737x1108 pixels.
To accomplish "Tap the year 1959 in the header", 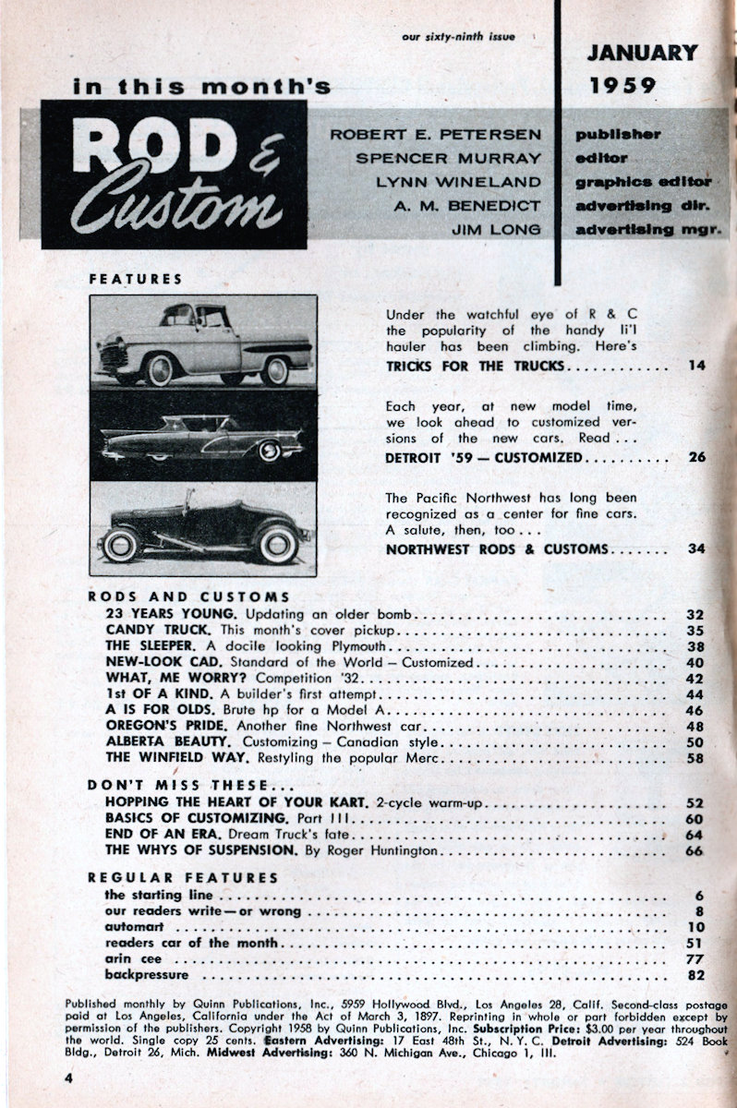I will point(623,86).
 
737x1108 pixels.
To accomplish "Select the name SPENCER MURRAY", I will point(449,158).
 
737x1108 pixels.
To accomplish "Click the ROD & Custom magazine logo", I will point(175,174).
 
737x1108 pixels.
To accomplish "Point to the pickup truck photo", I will point(203,342).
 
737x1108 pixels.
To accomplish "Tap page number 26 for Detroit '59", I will point(696,457).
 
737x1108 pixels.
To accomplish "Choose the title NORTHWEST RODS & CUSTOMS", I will point(496,549).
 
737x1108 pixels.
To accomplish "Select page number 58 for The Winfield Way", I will point(695,758).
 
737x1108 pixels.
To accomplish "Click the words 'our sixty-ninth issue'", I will point(458,36).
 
